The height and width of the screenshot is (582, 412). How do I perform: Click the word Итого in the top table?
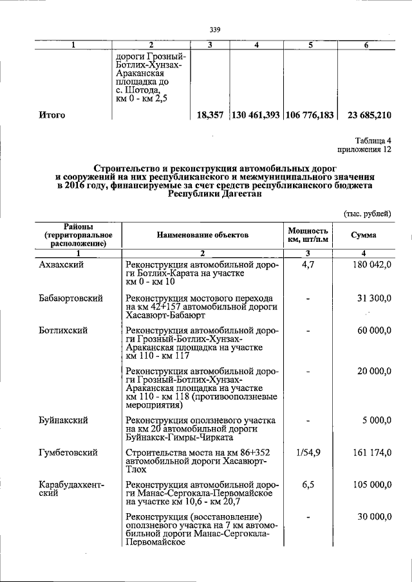(x=53, y=116)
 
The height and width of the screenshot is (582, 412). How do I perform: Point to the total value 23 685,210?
(x=365, y=116)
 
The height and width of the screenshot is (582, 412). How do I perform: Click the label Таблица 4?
(x=373, y=141)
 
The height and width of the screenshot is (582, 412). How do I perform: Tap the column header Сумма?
(x=364, y=236)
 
